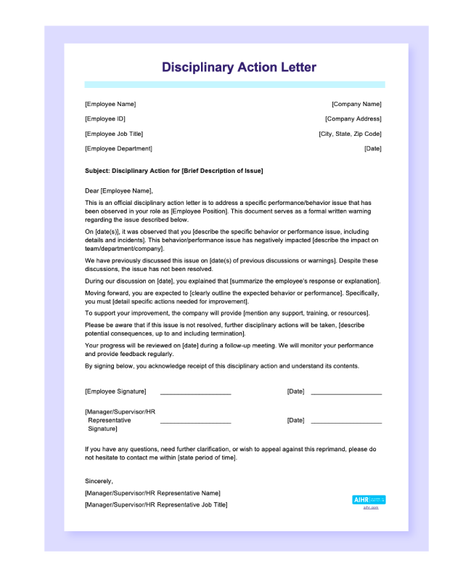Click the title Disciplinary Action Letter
click(x=239, y=68)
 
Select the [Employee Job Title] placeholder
click(x=114, y=134)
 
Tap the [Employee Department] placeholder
click(x=118, y=148)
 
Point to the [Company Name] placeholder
click(x=356, y=104)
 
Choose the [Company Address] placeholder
click(x=353, y=118)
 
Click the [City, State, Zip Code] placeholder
click(x=350, y=134)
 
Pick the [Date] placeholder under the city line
click(x=372, y=148)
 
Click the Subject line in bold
click(x=173, y=171)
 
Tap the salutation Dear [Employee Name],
click(x=119, y=190)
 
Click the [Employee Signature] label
click(x=115, y=391)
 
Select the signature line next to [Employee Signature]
click(x=195, y=392)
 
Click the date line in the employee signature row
click(x=346, y=392)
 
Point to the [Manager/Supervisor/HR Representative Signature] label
click(x=120, y=420)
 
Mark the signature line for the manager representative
click(x=195, y=422)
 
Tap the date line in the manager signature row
click(x=346, y=422)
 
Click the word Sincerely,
click(x=99, y=481)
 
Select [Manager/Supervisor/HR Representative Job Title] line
click(x=156, y=504)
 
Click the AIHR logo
click(x=369, y=500)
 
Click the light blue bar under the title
click(x=234, y=84)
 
